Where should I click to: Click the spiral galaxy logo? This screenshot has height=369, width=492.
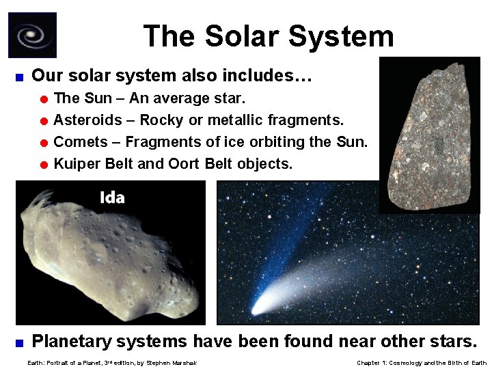32,35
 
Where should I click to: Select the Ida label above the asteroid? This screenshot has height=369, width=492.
112,198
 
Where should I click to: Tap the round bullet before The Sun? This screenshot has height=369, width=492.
43,99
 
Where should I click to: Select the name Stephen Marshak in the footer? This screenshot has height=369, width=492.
166,362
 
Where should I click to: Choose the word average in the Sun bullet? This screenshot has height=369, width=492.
172,98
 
